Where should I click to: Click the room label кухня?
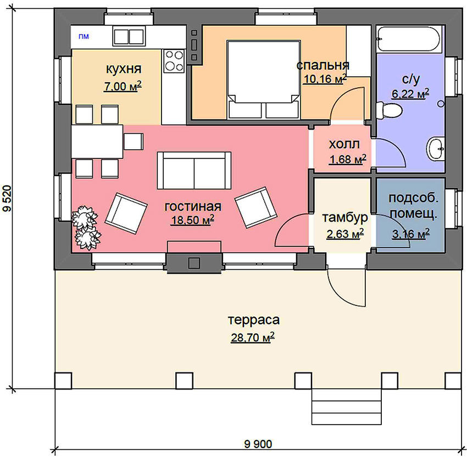[124, 69]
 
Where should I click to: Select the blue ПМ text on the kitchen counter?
[84, 37]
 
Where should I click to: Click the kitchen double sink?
[129, 36]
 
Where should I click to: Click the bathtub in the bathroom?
[409, 39]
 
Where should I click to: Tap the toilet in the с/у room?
[388, 110]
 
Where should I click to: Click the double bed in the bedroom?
[263, 80]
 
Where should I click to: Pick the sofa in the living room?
[194, 171]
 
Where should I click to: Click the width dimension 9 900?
[258, 444]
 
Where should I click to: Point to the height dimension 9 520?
[7, 198]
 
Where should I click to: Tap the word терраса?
[254, 320]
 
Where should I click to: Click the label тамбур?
[345, 218]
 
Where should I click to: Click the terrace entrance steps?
[346, 408]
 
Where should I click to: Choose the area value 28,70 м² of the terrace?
[253, 337]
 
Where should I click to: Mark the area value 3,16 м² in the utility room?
[411, 234]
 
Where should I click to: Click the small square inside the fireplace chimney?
[194, 263]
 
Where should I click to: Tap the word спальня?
[323, 65]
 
